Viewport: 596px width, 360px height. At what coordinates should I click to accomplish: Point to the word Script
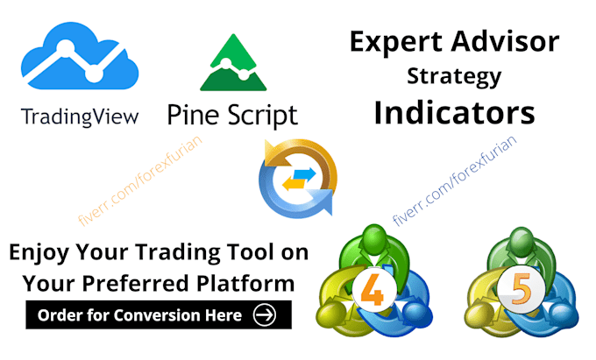click(x=259, y=115)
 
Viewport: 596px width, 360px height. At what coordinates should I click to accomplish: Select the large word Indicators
click(x=453, y=113)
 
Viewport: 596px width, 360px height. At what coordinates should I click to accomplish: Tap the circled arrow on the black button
click(x=262, y=314)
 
